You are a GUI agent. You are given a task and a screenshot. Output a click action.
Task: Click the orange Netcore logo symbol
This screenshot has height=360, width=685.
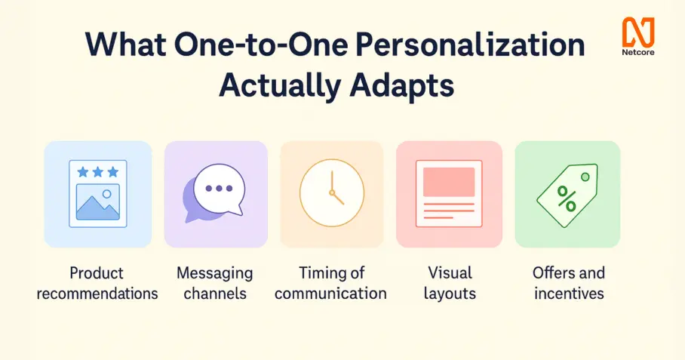click(638, 32)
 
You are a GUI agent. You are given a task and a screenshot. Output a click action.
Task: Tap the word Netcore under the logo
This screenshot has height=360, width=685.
click(638, 53)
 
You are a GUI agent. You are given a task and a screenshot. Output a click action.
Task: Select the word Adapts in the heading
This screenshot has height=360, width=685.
click(402, 85)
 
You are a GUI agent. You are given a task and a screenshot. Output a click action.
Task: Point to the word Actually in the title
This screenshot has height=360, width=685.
click(280, 85)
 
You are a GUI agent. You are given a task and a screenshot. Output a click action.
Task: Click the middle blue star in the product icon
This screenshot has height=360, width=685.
click(98, 172)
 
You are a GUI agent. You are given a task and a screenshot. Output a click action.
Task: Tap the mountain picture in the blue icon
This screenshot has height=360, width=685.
click(98, 202)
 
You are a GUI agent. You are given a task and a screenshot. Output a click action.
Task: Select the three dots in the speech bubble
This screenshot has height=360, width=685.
click(219, 188)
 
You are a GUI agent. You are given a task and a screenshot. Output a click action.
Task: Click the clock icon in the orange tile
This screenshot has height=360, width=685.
click(332, 192)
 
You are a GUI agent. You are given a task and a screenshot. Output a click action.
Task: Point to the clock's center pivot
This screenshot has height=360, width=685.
click(332, 192)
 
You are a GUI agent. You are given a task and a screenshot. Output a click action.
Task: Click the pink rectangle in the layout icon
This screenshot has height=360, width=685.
click(449, 182)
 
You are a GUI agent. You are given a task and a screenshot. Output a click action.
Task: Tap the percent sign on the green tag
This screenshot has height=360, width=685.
click(567, 198)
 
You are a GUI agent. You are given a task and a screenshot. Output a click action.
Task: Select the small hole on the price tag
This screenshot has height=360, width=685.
click(585, 177)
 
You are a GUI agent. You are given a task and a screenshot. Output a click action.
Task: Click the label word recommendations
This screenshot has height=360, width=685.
click(97, 294)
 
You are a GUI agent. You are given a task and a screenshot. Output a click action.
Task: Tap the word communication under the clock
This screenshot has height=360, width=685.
click(330, 294)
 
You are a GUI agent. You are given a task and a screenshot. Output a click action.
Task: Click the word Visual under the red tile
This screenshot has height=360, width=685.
click(450, 273)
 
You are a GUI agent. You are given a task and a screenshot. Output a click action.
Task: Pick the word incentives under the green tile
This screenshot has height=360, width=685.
click(569, 294)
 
